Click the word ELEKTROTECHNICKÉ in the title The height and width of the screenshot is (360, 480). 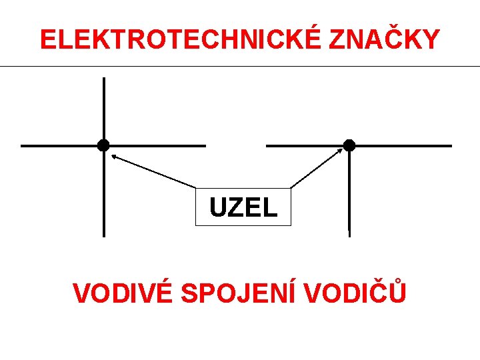[181, 40]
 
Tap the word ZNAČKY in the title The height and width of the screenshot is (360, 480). [384, 40]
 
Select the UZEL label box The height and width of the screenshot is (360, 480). [243, 207]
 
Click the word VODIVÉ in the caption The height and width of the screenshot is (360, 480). [123, 293]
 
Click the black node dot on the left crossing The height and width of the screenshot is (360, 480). [103, 145]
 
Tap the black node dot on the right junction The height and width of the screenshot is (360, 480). [349, 145]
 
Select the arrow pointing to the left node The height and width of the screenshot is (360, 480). [153, 171]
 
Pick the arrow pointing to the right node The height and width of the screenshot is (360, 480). [317, 167]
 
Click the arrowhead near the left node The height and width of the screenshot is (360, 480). [113, 156]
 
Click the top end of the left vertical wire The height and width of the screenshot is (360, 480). [103, 79]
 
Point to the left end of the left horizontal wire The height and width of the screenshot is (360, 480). [23, 145]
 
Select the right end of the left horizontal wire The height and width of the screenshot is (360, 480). [204, 145]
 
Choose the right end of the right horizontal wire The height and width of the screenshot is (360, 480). [450, 145]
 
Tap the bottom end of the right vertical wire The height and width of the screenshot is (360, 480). [349, 235]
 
